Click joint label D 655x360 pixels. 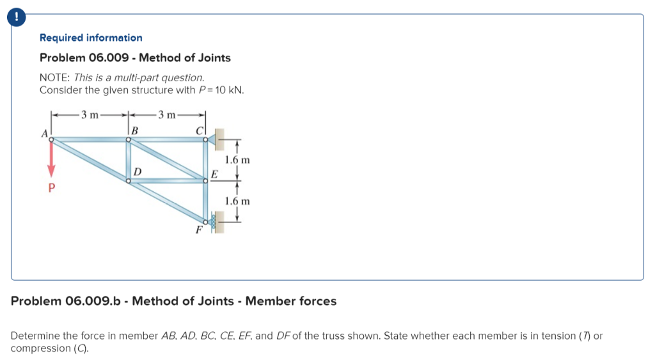click(138, 171)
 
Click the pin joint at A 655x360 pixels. click(52, 139)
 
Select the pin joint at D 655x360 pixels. click(129, 181)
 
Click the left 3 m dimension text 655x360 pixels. click(90, 115)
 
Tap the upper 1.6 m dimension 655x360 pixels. click(237, 159)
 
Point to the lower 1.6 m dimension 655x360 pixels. click(237, 201)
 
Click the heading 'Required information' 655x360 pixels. click(91, 38)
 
